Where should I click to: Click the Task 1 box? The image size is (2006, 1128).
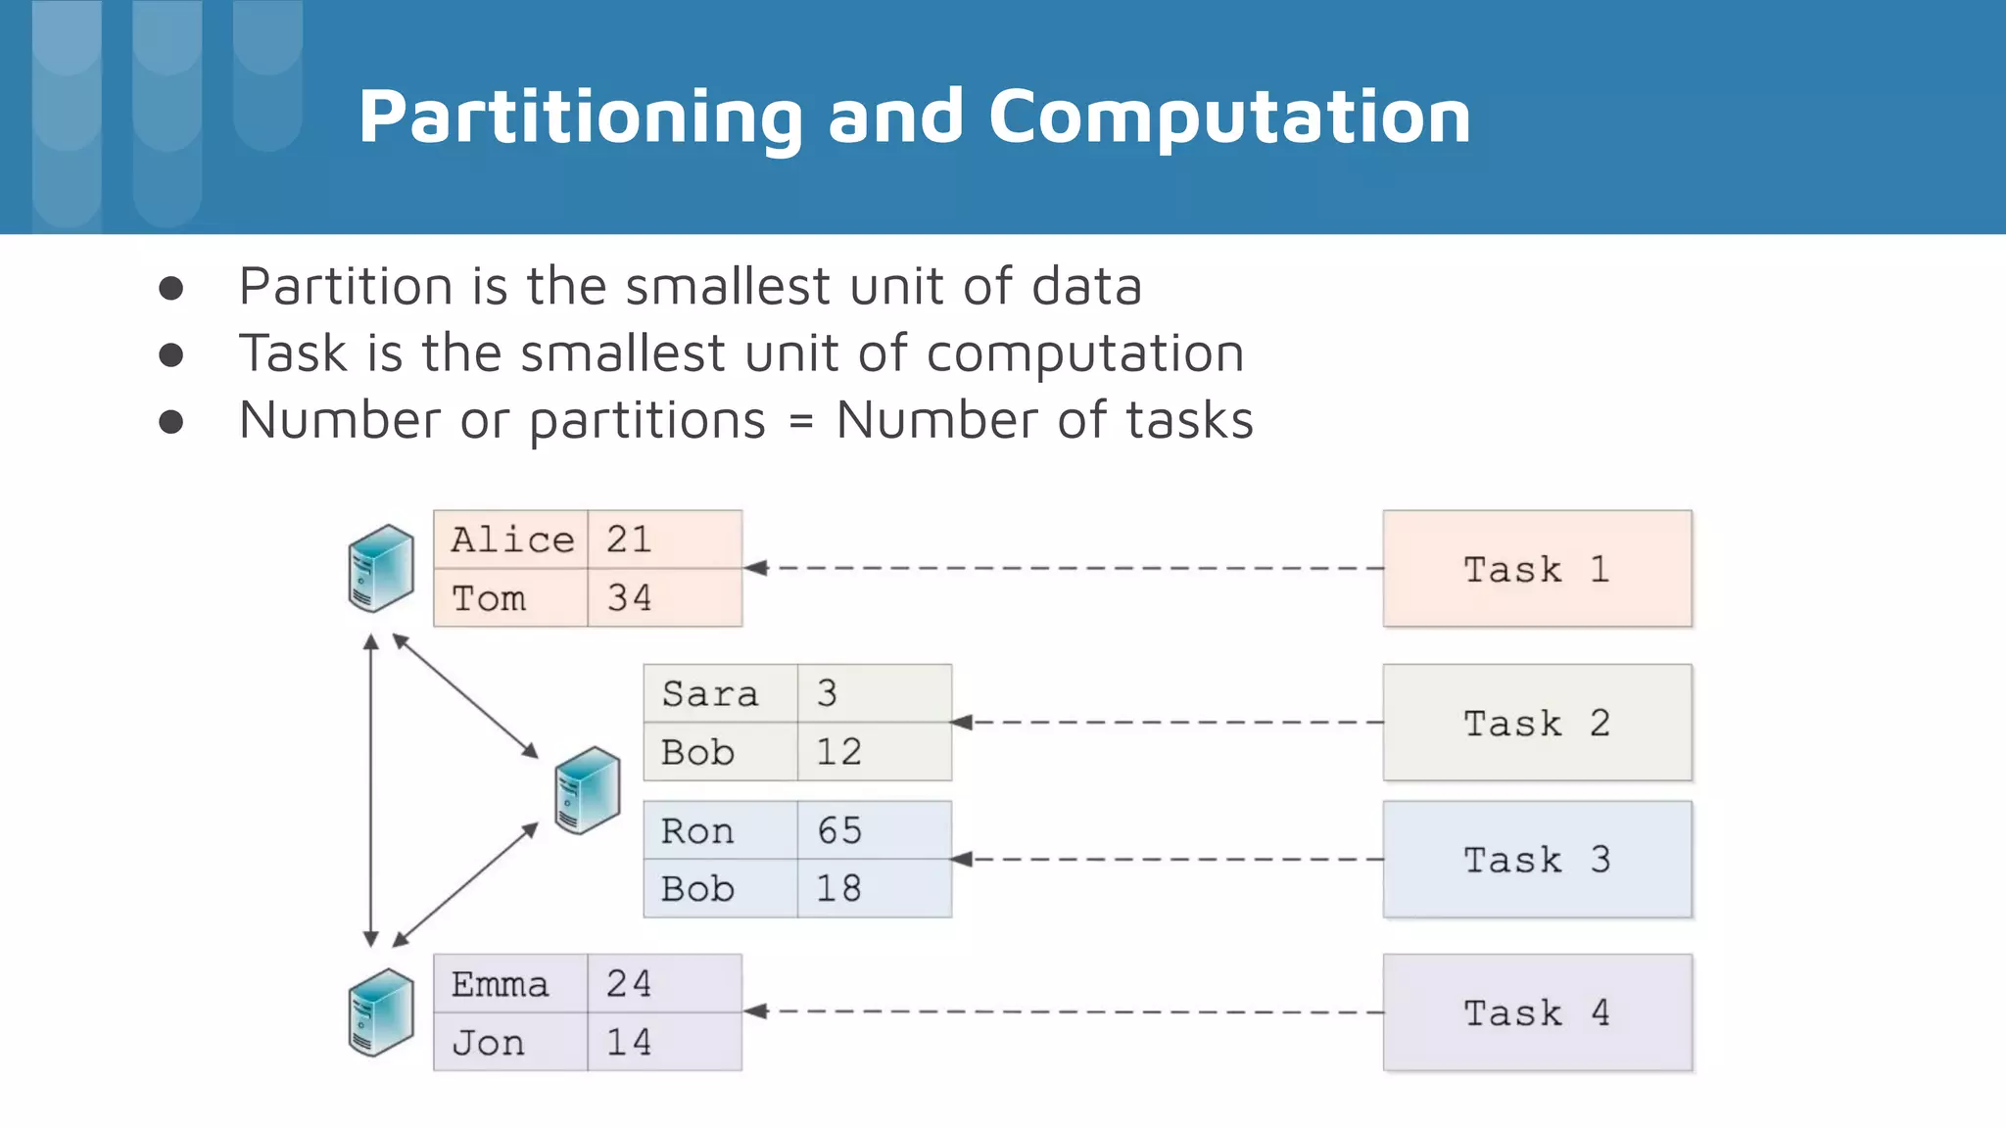[x=1536, y=568]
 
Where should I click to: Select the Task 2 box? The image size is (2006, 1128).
[x=1536, y=723]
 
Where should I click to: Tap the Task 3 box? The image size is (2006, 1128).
[x=1536, y=859]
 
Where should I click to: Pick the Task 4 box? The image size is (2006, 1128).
[x=1536, y=1011]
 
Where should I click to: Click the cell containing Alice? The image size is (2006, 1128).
[x=511, y=540]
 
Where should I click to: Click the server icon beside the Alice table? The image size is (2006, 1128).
[x=381, y=568]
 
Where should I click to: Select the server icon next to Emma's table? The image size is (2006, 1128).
[x=381, y=1012]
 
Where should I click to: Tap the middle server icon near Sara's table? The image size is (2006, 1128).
[x=587, y=790]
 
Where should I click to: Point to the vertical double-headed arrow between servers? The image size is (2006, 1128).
[x=371, y=790]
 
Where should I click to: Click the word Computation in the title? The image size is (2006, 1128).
[x=1229, y=117]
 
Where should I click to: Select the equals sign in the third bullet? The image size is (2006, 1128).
[x=800, y=422]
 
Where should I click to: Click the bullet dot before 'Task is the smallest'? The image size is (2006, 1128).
[x=171, y=354]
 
